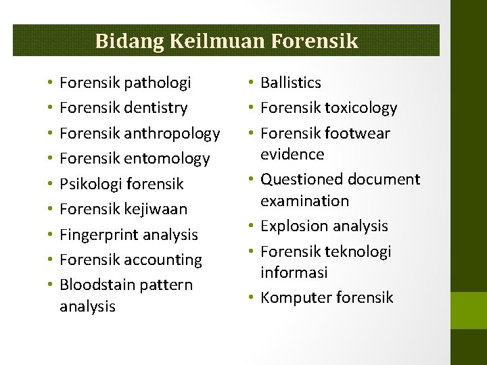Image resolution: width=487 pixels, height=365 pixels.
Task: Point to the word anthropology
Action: (x=172, y=134)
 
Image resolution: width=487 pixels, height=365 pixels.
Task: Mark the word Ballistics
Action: (x=291, y=82)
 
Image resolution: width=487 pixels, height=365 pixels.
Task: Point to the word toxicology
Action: (x=361, y=108)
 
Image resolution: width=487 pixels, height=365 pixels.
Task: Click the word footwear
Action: (x=357, y=133)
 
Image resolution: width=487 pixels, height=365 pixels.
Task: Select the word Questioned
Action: (x=302, y=180)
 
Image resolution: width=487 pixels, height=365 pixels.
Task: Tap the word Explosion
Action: (x=292, y=226)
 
